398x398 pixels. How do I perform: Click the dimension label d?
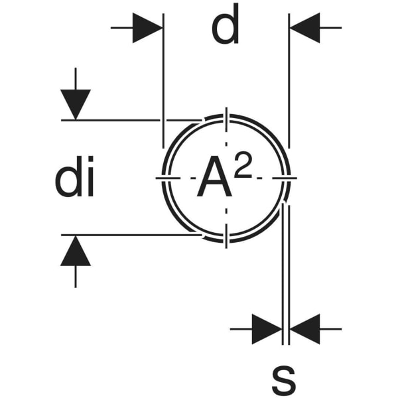(226, 28)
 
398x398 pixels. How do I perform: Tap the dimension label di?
(74, 181)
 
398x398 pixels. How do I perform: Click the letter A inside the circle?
(215, 179)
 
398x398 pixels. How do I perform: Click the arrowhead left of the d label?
(148, 28)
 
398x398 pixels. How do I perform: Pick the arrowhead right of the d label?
(304, 28)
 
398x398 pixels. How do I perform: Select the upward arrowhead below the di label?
(76, 251)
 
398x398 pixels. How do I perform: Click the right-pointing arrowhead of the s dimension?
(267, 328)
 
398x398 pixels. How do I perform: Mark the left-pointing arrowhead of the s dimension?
(305, 328)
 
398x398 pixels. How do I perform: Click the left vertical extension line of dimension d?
(163, 80)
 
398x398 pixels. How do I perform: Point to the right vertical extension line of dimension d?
(289, 80)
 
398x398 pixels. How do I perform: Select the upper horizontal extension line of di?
(126, 120)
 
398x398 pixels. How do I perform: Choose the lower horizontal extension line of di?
(126, 234)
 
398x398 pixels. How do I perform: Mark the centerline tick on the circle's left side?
(165, 178)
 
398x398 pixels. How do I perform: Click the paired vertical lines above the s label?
(285, 279)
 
